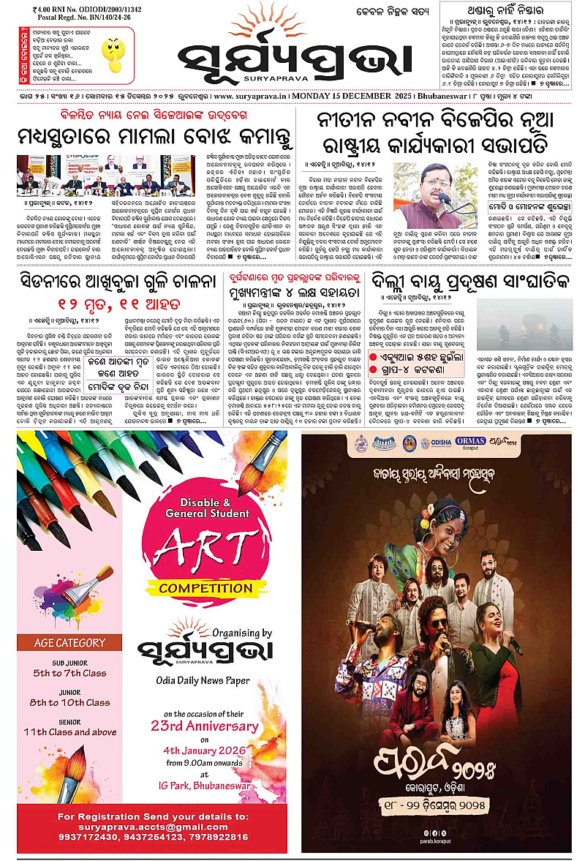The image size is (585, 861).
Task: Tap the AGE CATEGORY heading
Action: point(70,643)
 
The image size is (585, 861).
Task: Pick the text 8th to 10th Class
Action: point(70,702)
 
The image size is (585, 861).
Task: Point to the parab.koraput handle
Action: point(437,842)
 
